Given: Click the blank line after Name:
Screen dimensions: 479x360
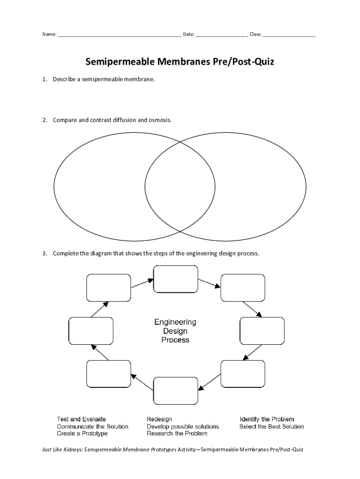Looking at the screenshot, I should tap(119, 35).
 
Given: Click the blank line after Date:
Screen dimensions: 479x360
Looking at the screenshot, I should tap(222, 35).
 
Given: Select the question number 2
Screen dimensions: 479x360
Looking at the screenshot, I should tap(44, 120).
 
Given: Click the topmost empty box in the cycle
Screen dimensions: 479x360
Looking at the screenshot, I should tap(175, 279).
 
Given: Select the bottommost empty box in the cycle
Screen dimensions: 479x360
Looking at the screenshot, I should tap(175, 390).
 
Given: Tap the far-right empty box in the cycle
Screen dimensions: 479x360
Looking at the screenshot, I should tap(262, 331).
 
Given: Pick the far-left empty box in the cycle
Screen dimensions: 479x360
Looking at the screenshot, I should tap(91, 331).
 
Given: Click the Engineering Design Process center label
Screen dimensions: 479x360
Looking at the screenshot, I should tap(175, 331).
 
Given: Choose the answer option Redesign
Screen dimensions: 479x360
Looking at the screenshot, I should tap(159, 419).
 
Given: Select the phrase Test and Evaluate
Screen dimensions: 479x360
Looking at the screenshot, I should tap(81, 419).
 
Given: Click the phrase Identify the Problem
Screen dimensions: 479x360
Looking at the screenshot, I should tap(267, 419).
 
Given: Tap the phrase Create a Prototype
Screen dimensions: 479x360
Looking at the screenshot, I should tap(82, 434).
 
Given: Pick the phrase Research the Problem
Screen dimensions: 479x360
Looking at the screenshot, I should tap(177, 434).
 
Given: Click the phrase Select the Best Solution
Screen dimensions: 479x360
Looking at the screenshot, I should tap(272, 427).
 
